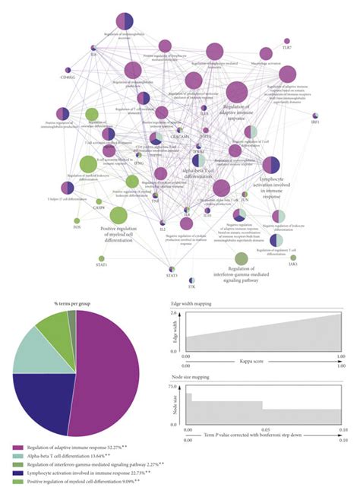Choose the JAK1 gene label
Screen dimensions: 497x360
(x=293, y=265)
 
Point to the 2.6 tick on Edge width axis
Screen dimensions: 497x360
(x=174, y=313)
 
